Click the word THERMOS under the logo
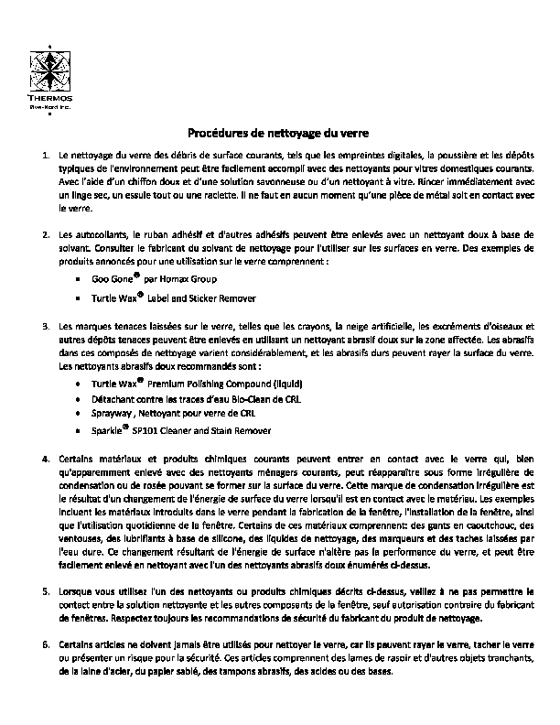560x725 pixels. [x=55, y=98]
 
